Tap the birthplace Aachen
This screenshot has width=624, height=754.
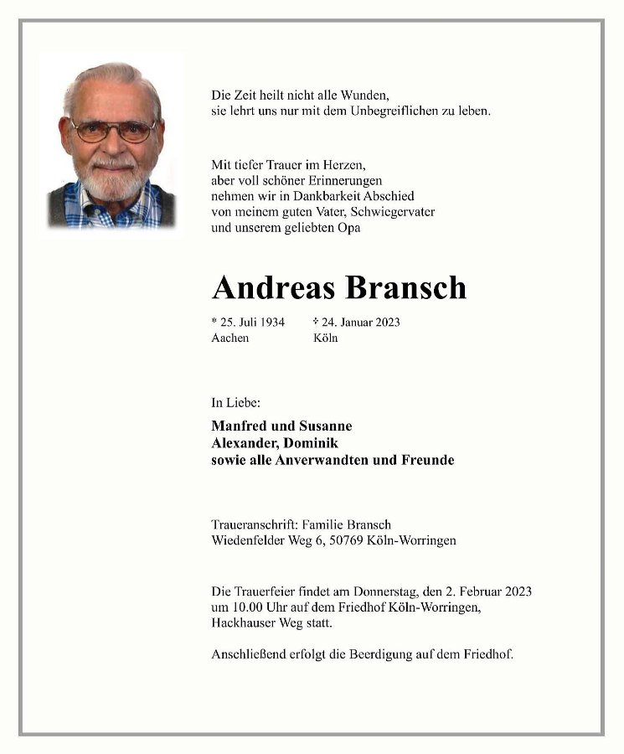230,338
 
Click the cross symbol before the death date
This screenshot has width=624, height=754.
316,321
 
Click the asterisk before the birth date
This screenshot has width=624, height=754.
214,320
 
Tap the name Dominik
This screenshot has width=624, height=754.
311,443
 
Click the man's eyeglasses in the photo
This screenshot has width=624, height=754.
113,131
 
